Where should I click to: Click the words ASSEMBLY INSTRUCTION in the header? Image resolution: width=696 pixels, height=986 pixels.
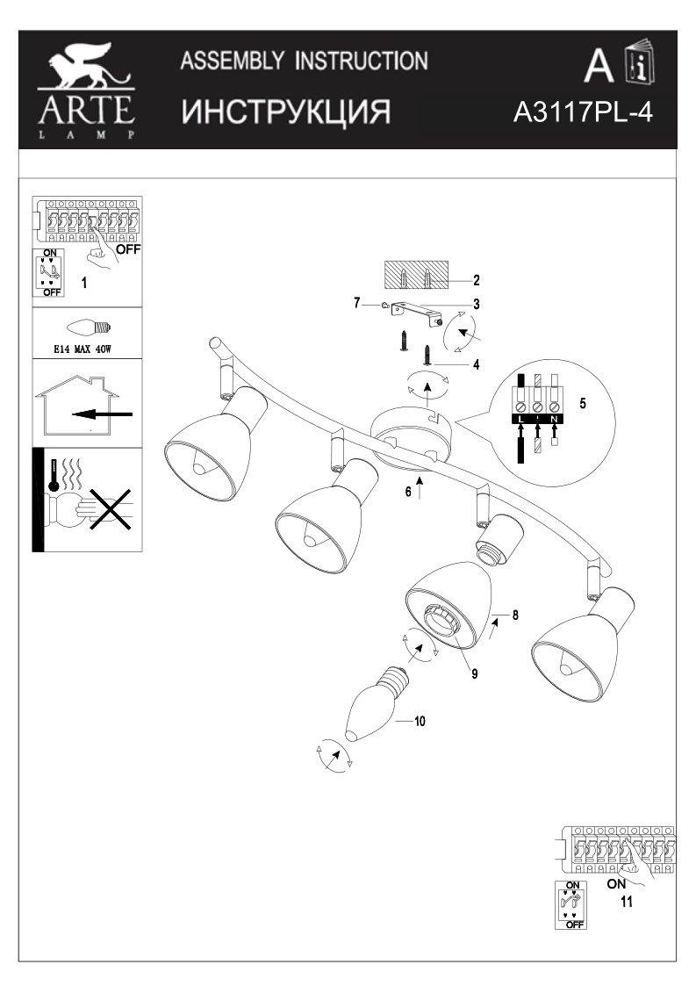tap(305, 61)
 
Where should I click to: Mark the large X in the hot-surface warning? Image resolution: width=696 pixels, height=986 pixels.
tap(104, 510)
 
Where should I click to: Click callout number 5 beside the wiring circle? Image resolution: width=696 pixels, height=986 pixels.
tap(582, 406)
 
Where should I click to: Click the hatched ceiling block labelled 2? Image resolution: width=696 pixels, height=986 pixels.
tap(415, 278)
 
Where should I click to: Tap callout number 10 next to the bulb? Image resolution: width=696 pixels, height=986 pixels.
tap(420, 722)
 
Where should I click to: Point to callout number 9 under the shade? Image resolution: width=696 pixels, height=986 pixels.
tap(474, 673)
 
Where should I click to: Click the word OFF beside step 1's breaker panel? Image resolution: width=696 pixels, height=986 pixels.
tap(128, 248)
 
